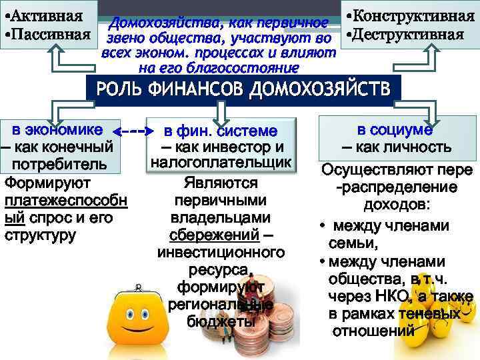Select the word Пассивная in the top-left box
point(51,32)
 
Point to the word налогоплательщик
point(221,163)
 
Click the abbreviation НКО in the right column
point(388,296)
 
